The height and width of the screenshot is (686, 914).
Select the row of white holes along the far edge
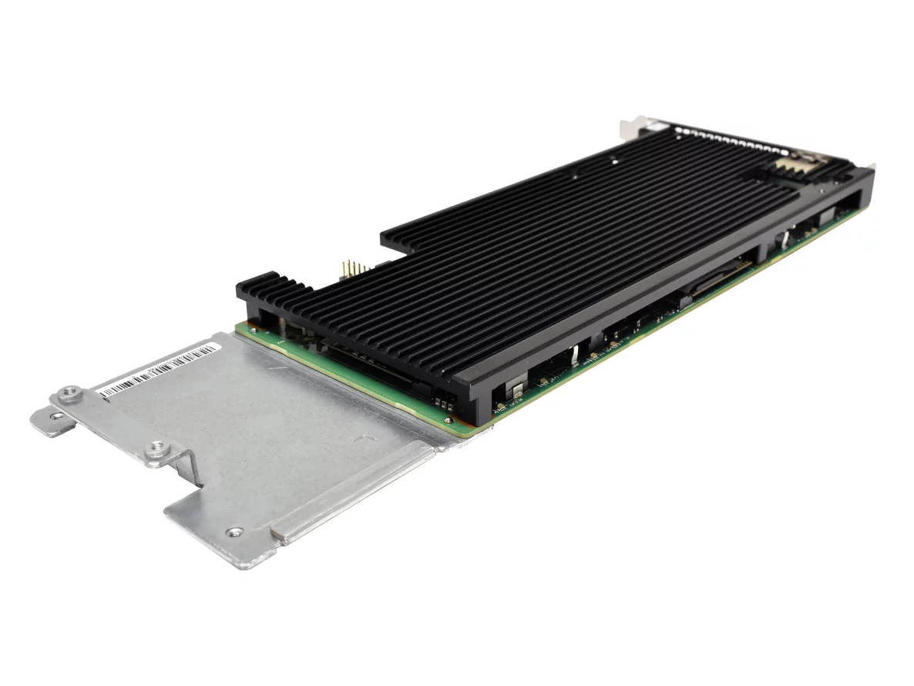coord(732,138)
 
